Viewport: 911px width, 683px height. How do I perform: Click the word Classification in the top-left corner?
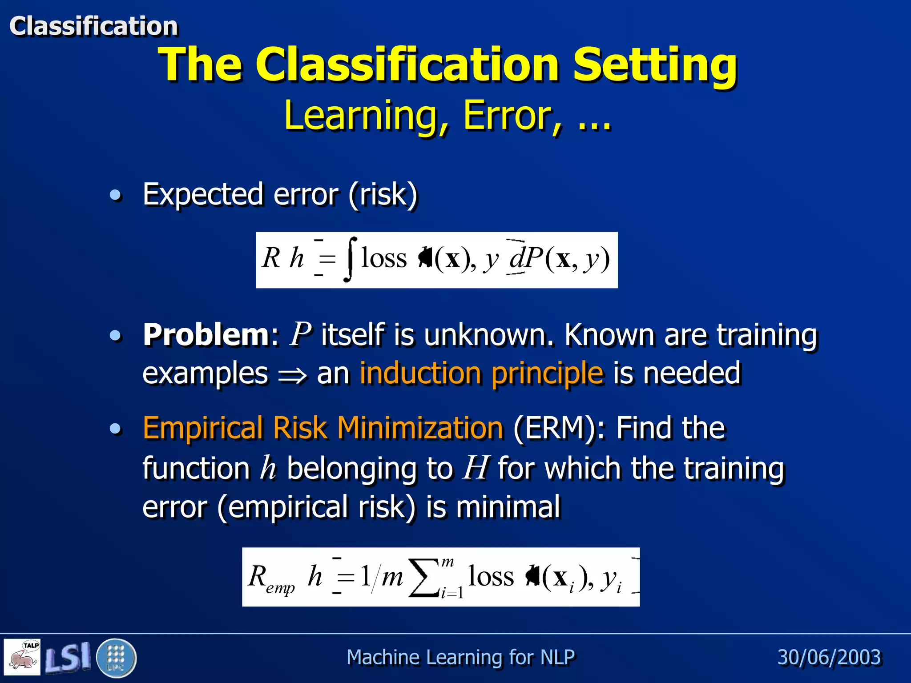coord(93,26)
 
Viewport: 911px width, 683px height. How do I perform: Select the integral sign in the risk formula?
coord(350,260)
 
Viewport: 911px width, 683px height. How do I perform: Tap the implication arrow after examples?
coord(292,375)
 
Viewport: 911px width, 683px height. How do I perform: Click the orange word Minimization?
coord(420,428)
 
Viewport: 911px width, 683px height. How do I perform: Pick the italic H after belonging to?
coord(476,468)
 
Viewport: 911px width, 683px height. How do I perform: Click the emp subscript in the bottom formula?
coord(280,588)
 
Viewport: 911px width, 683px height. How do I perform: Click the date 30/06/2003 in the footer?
coord(829,657)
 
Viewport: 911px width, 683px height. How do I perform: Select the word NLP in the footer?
coord(558,657)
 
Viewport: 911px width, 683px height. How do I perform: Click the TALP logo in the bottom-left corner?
coord(22,657)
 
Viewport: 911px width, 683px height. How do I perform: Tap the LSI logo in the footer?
coord(68,657)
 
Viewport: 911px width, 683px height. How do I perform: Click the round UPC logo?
coord(116,657)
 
